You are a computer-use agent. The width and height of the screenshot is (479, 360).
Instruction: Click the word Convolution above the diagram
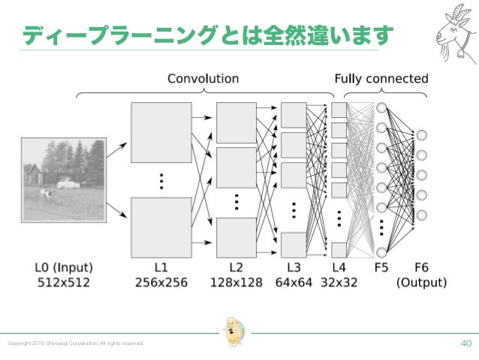coord(203,78)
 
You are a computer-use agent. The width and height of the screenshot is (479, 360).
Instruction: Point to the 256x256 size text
coord(161,283)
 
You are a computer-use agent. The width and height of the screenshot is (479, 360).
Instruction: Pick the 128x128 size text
coord(236,283)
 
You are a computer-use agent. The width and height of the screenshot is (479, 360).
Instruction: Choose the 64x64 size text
coord(293,283)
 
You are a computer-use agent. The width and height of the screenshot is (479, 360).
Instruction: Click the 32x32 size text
coord(339,283)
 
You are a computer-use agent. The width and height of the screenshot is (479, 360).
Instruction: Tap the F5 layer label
coord(381,268)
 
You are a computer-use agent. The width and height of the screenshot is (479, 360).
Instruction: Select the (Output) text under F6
coord(421,283)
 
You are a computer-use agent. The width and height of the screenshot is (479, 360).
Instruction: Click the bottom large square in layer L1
coord(161,223)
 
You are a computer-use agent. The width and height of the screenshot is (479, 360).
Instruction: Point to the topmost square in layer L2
coord(236,122)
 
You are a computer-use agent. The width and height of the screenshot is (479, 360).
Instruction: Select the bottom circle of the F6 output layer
coord(422,215)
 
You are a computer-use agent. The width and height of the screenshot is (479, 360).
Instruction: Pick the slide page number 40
coord(466,343)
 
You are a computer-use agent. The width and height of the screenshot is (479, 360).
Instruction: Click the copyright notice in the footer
coord(75,343)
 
